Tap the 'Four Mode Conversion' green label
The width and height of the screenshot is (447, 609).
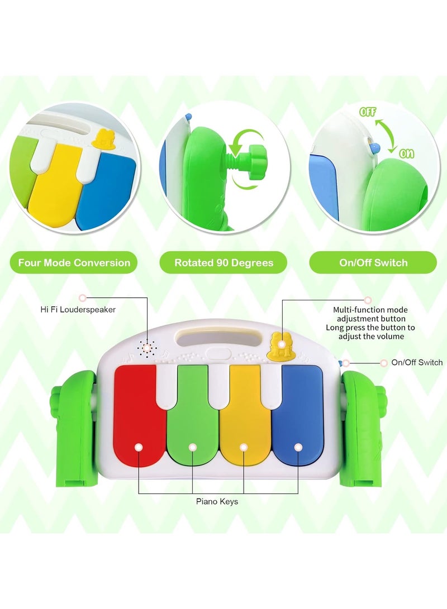[74, 262]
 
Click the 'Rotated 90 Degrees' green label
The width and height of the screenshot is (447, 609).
[223, 262]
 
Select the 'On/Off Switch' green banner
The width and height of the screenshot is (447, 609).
[373, 262]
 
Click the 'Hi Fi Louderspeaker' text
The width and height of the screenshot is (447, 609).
[78, 309]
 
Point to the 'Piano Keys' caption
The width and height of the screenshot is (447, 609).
[217, 501]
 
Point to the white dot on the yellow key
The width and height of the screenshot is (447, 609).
[244, 447]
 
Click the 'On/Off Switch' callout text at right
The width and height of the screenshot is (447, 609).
[417, 362]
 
